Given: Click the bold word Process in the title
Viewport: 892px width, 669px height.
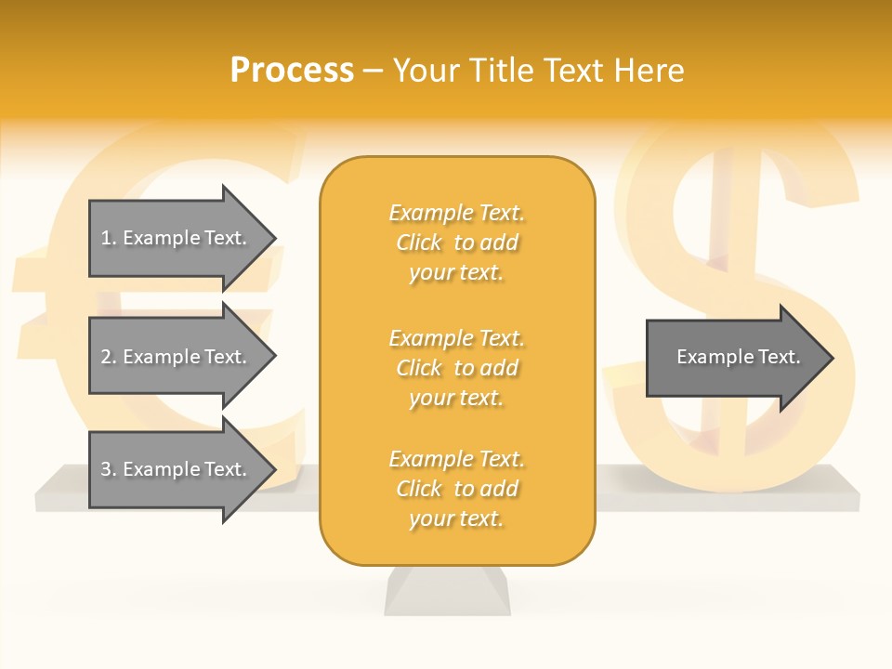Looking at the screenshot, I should coord(292,71).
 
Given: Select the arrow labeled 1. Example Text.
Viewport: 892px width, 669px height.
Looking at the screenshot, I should coord(177,238).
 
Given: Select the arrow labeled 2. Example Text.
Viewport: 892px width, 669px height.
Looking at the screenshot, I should coord(177,357).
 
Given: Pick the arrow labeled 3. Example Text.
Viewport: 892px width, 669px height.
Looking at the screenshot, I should coord(177,469).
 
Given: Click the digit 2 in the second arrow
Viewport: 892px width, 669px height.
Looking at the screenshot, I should coord(106,357).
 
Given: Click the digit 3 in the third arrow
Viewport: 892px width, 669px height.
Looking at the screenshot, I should coord(106,469).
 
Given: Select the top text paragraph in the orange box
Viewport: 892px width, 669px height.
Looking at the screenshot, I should coord(456,243).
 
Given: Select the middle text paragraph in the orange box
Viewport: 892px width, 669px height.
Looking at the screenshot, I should coord(456,368).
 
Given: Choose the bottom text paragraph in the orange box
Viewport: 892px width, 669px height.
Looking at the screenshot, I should coord(456,489).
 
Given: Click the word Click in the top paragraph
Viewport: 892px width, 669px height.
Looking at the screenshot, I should coord(419,243).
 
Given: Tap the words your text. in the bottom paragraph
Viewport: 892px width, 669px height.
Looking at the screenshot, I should coord(456,518).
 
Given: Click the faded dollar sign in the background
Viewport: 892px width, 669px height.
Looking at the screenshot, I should coord(734,232).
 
